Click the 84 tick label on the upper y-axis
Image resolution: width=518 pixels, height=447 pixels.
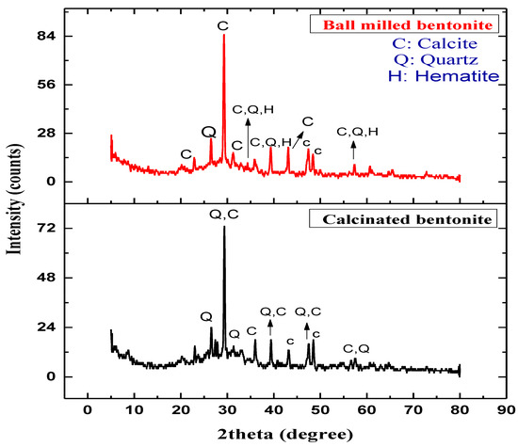pos(45,36)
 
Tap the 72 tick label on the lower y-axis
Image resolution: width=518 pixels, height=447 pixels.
pos(45,229)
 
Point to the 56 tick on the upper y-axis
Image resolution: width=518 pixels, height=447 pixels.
pos(45,85)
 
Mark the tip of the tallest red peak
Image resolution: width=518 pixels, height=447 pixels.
pos(223,35)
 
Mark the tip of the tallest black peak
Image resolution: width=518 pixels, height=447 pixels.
pos(224,227)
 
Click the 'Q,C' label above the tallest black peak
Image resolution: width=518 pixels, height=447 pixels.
pos(224,215)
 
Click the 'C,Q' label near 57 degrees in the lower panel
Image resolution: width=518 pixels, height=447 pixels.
pos(356,348)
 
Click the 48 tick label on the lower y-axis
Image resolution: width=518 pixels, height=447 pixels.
pos(45,279)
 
